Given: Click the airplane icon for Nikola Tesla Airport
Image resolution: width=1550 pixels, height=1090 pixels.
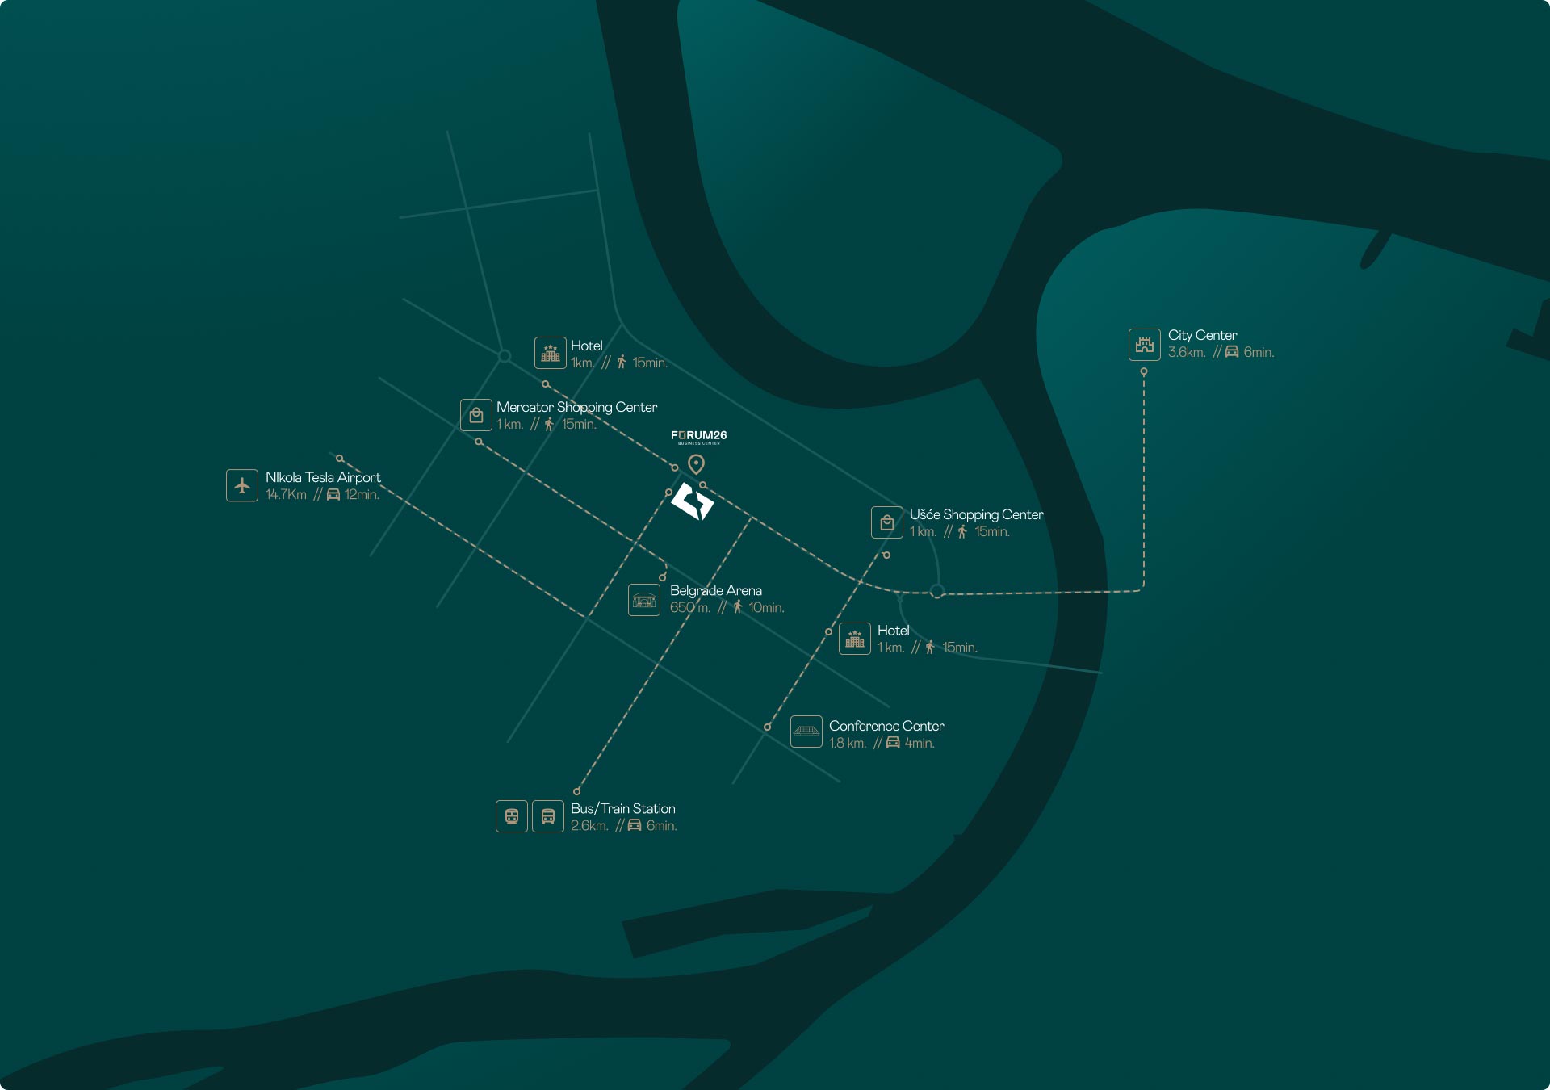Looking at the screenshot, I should click(x=242, y=485).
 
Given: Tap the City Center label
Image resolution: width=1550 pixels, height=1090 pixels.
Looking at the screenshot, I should click(x=1202, y=335).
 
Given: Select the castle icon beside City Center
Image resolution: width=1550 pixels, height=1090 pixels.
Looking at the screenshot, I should click(x=1144, y=345).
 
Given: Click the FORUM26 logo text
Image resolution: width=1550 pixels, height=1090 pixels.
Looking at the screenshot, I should click(x=698, y=435).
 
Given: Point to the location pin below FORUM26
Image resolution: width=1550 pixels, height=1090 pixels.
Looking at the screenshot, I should click(x=696, y=463).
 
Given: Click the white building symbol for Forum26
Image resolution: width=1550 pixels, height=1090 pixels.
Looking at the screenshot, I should click(x=693, y=501).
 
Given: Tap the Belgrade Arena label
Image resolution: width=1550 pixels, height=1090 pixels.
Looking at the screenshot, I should click(x=715, y=590).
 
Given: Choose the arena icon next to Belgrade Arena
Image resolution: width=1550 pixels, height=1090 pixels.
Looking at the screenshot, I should click(x=644, y=600).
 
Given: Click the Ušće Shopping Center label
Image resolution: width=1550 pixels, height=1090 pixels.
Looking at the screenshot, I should click(x=976, y=514).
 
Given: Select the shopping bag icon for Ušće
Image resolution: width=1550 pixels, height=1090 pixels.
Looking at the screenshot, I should click(x=886, y=522).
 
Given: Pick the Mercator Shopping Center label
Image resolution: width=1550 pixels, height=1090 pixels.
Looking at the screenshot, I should click(x=576, y=407).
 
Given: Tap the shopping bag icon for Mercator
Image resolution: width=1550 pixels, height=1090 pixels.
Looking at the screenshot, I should click(x=476, y=415).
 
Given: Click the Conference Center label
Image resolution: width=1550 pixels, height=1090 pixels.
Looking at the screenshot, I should click(x=886, y=726).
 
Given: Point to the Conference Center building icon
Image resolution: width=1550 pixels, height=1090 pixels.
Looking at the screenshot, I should click(x=806, y=732).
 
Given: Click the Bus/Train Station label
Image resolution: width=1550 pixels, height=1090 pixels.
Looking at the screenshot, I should click(x=622, y=808).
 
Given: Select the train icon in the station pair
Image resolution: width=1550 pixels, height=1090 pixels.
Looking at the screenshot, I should click(x=512, y=816).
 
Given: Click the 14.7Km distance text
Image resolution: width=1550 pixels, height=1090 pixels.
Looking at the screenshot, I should click(x=286, y=494).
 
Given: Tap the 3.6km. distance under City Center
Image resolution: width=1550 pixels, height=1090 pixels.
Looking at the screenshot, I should click(x=1186, y=352).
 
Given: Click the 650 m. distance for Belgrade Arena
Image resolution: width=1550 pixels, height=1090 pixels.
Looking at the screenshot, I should click(x=689, y=607).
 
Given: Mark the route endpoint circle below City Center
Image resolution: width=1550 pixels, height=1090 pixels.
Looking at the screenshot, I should click(x=1143, y=371).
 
